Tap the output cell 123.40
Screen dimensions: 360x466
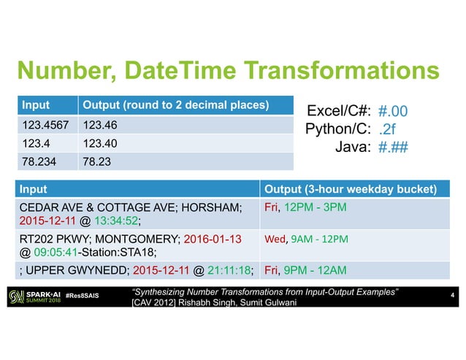tap(100, 144)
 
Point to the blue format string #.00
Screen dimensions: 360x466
tap(393, 112)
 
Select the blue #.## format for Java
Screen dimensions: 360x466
tap(393, 147)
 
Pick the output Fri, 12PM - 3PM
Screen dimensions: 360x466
tap(305, 207)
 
